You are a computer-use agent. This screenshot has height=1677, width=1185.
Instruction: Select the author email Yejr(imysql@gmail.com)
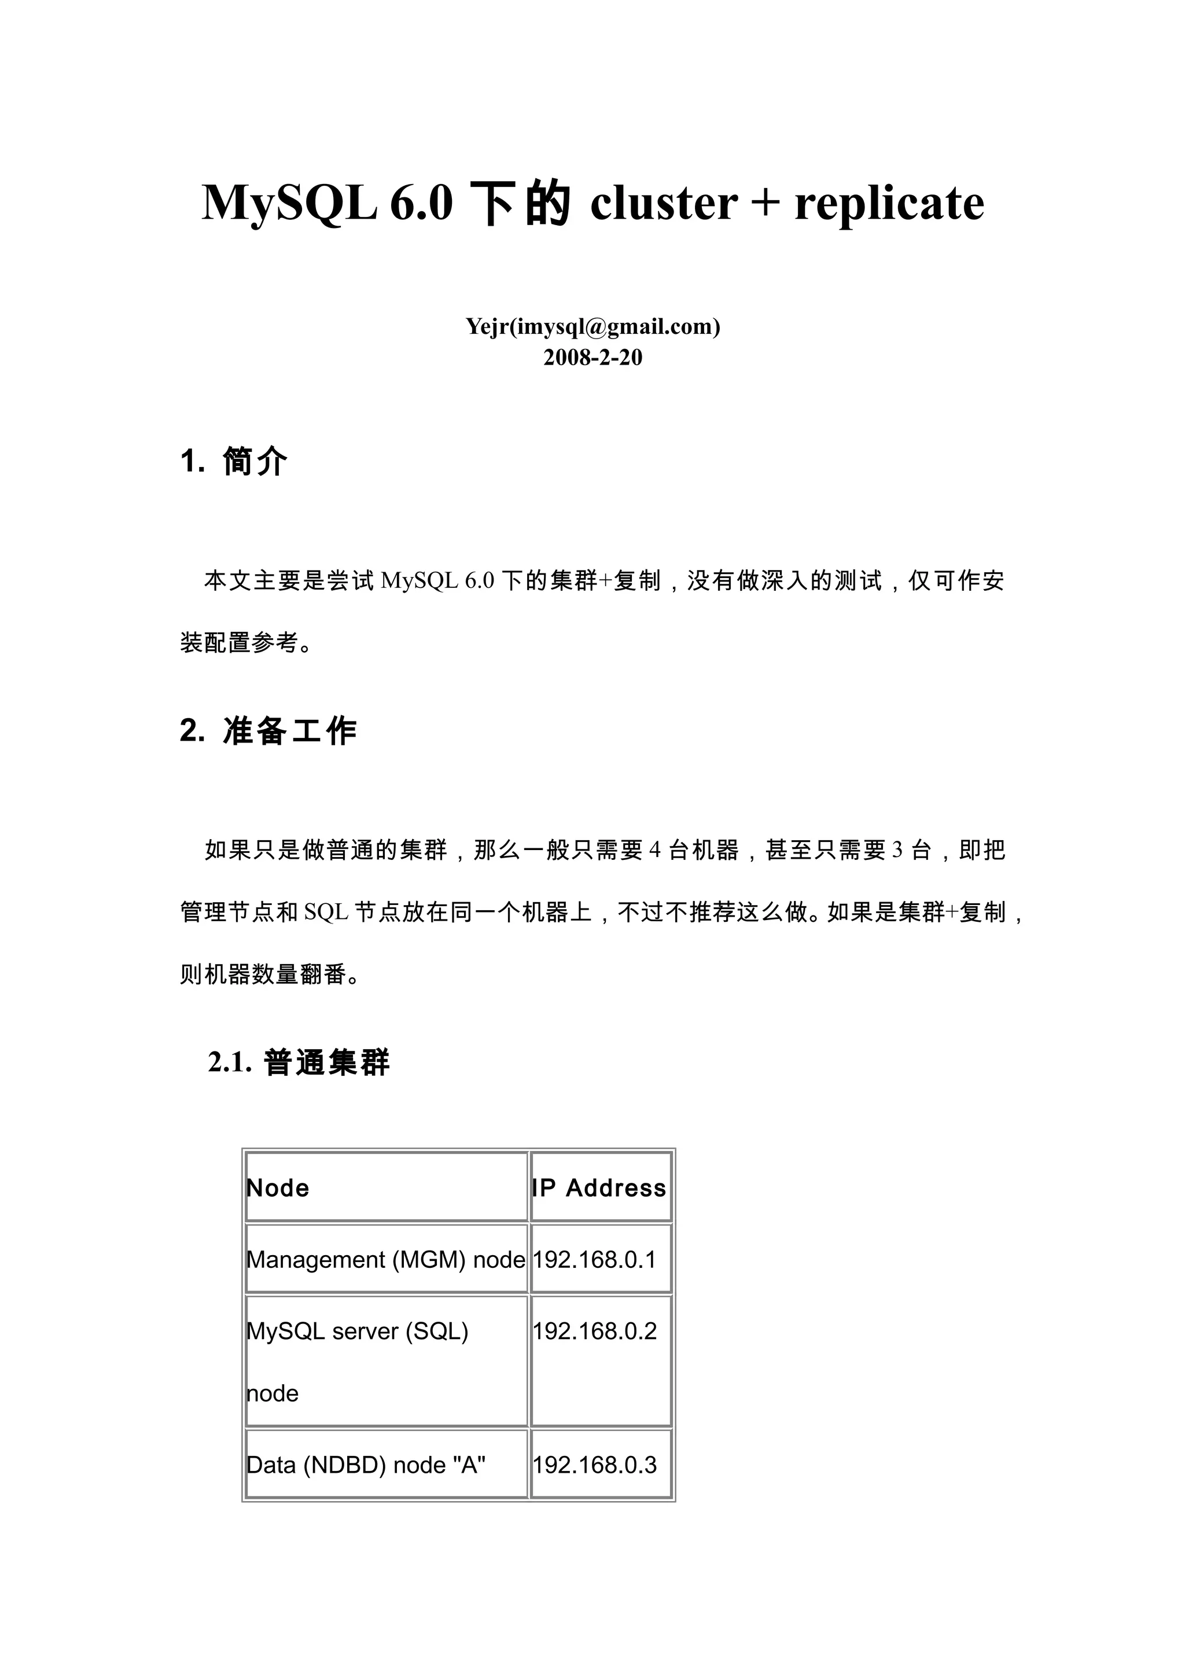click(593, 326)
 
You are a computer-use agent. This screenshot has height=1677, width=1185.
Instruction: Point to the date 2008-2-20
click(593, 357)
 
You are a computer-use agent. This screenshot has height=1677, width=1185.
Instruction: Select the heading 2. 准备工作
click(268, 730)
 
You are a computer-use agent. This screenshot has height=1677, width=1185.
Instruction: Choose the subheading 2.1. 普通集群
click(299, 1062)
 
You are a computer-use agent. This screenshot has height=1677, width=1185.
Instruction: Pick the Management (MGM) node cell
click(385, 1259)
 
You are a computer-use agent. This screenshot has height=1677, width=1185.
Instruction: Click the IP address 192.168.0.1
click(594, 1259)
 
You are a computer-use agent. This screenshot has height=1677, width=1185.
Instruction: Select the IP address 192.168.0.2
click(594, 1331)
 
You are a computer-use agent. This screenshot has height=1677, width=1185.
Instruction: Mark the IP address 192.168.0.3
click(594, 1465)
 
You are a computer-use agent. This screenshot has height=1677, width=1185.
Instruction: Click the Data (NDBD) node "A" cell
click(366, 1465)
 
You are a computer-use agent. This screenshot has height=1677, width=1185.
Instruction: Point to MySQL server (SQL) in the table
click(357, 1331)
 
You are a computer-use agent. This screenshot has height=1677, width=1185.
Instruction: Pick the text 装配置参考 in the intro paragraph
click(240, 643)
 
